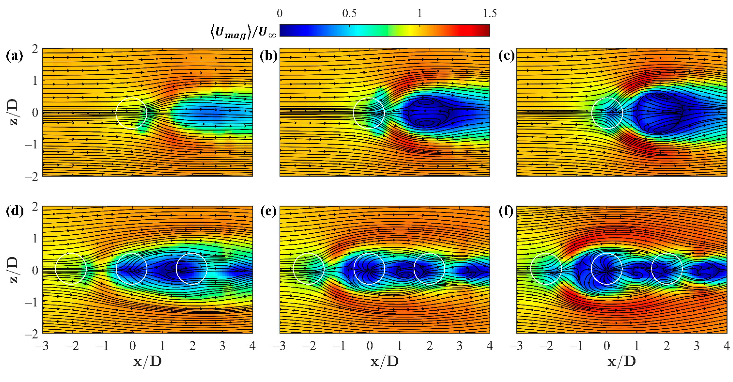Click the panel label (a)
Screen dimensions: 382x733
pyautogui.click(x=14, y=56)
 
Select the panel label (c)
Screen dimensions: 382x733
pyautogui.click(x=507, y=56)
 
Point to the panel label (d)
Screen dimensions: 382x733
pyautogui.click(x=14, y=212)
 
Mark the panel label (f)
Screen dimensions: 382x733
pyautogui.click(x=507, y=212)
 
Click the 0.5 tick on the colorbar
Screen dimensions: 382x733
pyautogui.click(x=349, y=13)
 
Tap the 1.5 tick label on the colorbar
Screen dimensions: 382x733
pyautogui.click(x=489, y=13)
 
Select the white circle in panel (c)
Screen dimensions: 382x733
pyautogui.click(x=607, y=113)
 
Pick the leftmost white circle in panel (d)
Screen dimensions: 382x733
pyautogui.click(x=71, y=269)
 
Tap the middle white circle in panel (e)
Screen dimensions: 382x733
pyautogui.click(x=369, y=269)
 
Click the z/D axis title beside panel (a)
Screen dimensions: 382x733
pyautogui.click(x=13, y=112)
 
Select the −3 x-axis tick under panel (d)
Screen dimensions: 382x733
pyautogui.click(x=42, y=346)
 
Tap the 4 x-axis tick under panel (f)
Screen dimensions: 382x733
pyautogui.click(x=726, y=346)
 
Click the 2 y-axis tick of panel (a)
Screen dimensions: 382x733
pyautogui.click(x=35, y=49)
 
